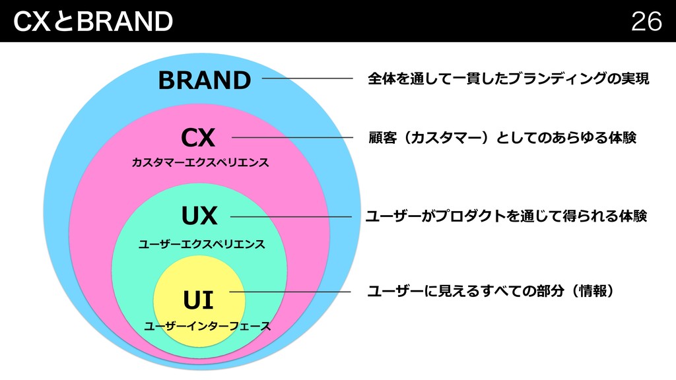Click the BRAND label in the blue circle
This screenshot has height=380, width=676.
click(x=205, y=80)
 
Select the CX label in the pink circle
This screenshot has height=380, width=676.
click(x=198, y=139)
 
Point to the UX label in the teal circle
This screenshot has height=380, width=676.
click(x=199, y=216)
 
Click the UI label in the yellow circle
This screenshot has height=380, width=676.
click(x=198, y=301)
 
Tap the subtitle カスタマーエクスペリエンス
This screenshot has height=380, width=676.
click(x=201, y=162)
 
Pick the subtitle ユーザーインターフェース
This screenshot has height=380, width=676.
click(x=207, y=326)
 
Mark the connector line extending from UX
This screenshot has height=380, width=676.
click(x=290, y=216)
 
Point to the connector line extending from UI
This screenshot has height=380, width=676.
click(x=290, y=292)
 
